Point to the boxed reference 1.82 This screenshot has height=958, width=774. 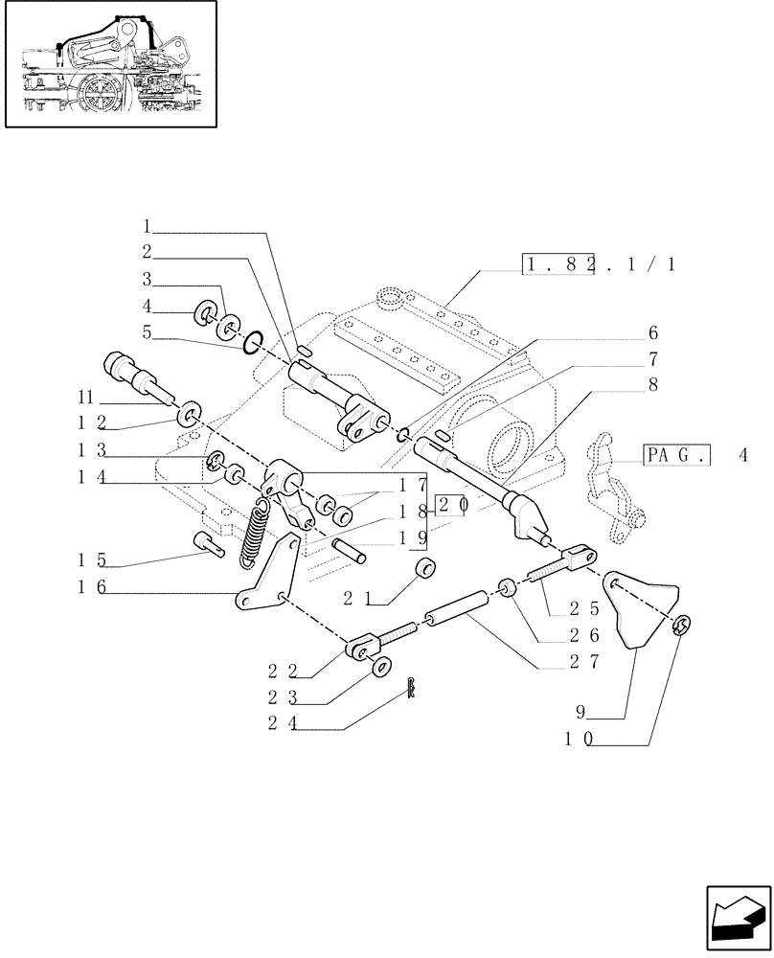[x=558, y=265]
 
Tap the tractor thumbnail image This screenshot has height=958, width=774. [x=109, y=64]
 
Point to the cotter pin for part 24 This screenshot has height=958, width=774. [x=411, y=687]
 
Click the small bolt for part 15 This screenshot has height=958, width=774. [x=208, y=543]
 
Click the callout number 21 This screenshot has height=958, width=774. [x=355, y=599]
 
